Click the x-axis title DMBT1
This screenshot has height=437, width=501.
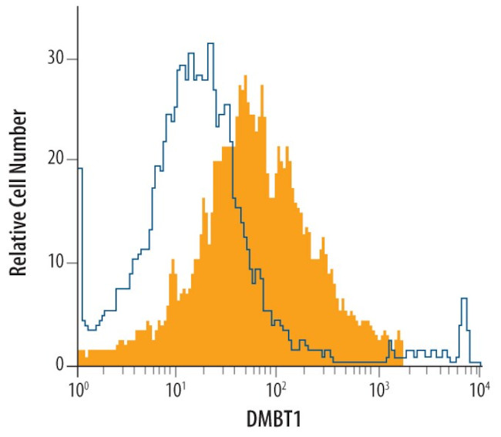(x=278, y=420)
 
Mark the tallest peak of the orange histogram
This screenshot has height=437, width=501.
(x=244, y=76)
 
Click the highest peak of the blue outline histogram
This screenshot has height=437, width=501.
(x=210, y=44)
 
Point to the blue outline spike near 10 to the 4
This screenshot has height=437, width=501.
(x=464, y=299)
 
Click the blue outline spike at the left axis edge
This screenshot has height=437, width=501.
(x=79, y=169)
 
